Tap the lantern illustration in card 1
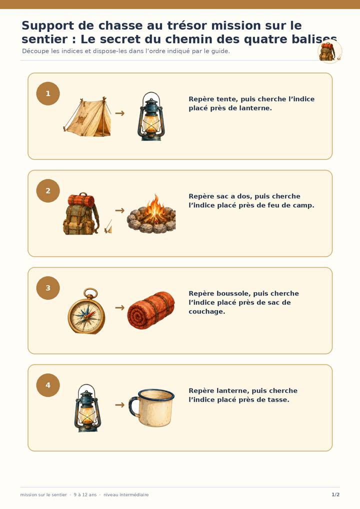tap(151, 116)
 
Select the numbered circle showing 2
tap(48, 191)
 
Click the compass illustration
tap(86, 311)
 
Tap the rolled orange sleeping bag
tap(151, 310)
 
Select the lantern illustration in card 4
tap(87, 408)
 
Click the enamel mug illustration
tap(151, 408)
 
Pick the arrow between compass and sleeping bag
tap(120, 307)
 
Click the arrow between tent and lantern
tap(120, 113)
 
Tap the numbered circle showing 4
tap(48, 385)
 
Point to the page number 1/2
tap(335, 494)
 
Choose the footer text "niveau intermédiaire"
tap(126, 494)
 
